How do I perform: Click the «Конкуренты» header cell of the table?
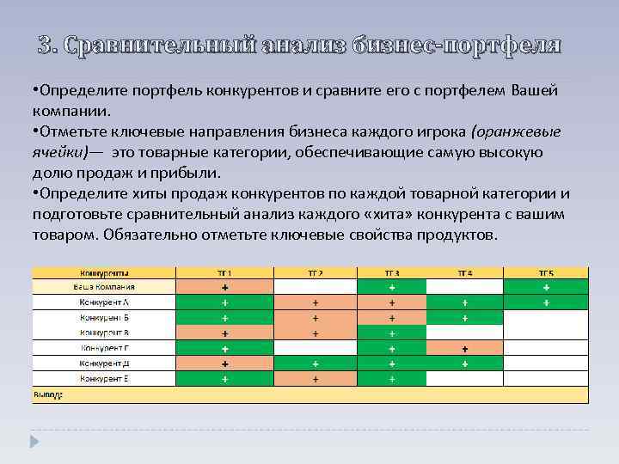pyautogui.click(x=104, y=272)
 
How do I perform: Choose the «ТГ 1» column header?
pyautogui.click(x=224, y=272)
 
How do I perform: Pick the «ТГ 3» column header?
pyautogui.click(x=391, y=272)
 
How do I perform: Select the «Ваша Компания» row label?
pyautogui.click(x=104, y=287)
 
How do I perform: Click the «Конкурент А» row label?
pyautogui.click(x=104, y=302)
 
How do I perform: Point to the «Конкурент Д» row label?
pyautogui.click(x=104, y=363)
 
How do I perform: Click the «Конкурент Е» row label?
pyautogui.click(x=104, y=379)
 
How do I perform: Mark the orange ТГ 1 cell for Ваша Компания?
pyautogui.click(x=224, y=287)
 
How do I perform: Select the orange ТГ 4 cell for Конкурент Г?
pyautogui.click(x=464, y=349)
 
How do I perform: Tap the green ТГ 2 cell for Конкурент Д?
pyautogui.click(x=316, y=363)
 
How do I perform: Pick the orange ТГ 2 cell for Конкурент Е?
pyautogui.click(x=316, y=379)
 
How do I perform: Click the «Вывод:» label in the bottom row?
pyautogui.click(x=48, y=395)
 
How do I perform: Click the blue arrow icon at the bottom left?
pyautogui.click(x=35, y=442)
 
